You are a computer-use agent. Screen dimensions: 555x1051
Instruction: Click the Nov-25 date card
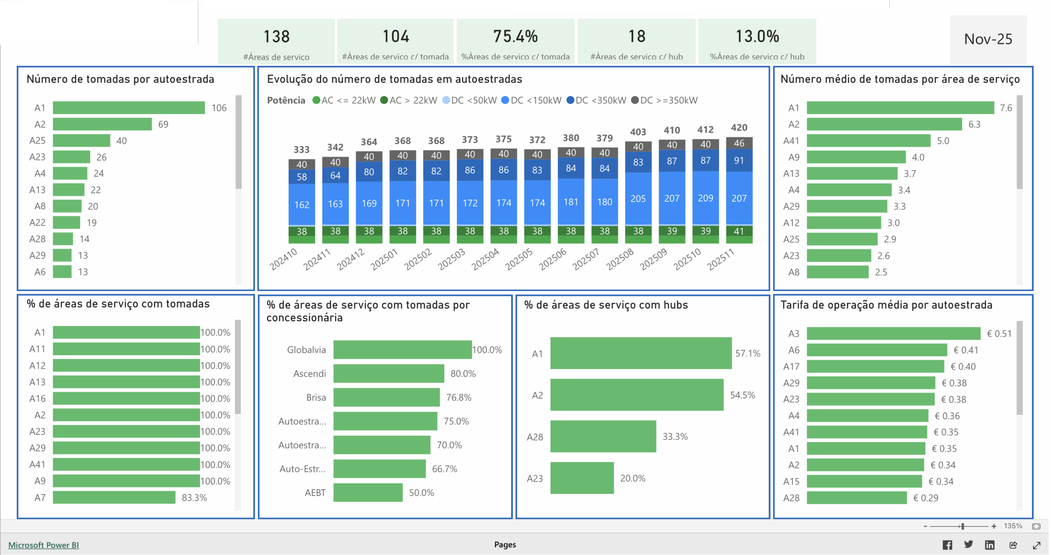click(988, 39)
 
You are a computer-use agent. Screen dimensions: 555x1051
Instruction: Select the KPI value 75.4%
click(515, 37)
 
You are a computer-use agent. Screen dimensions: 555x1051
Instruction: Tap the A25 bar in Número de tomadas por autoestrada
click(81, 140)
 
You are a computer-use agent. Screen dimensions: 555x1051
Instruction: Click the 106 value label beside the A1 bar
click(219, 108)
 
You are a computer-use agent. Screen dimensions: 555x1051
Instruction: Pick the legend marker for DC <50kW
click(446, 100)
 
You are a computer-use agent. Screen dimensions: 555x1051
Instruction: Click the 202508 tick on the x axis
click(620, 259)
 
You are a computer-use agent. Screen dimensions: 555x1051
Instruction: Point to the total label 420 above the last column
click(739, 128)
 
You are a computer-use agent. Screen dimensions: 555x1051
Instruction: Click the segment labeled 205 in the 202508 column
click(638, 199)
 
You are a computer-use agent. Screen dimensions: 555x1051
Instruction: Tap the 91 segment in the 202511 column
click(739, 161)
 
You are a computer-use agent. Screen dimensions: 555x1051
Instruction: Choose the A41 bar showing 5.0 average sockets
click(868, 141)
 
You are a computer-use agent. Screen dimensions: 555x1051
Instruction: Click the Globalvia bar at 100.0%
click(402, 350)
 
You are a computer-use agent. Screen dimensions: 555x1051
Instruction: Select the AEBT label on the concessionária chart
click(315, 493)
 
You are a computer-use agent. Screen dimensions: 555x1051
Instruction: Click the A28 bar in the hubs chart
click(603, 436)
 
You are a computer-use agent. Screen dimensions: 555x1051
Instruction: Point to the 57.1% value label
click(748, 353)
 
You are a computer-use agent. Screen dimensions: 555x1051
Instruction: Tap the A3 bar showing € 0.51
click(893, 333)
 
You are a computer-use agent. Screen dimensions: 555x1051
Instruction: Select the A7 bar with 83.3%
click(114, 498)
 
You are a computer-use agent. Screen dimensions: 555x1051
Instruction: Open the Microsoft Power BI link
click(44, 545)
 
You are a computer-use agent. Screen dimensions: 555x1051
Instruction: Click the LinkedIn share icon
click(989, 545)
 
